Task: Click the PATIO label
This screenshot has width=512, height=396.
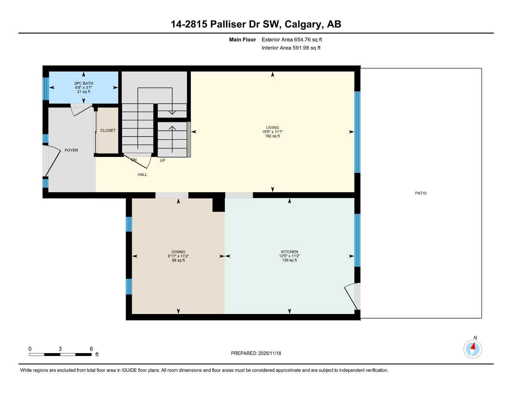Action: click(x=421, y=193)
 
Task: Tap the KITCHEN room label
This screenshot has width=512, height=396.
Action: click(x=289, y=252)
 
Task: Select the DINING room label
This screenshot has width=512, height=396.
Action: click(x=178, y=252)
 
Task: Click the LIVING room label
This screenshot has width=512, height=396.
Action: click(x=272, y=128)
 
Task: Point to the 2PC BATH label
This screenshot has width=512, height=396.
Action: click(x=83, y=83)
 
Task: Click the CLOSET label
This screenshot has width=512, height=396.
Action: click(x=108, y=130)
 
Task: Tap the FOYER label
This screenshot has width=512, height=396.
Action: click(x=71, y=150)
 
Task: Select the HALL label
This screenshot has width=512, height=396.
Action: click(x=142, y=174)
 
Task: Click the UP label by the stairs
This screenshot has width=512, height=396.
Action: click(x=162, y=160)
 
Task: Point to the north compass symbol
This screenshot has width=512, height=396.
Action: click(x=473, y=349)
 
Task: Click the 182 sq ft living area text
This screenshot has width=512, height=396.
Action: click(x=272, y=136)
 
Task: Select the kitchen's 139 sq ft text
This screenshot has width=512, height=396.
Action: click(x=289, y=260)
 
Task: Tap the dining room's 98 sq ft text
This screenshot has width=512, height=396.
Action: click(x=178, y=260)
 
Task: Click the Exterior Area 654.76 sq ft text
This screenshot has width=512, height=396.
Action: click(x=292, y=39)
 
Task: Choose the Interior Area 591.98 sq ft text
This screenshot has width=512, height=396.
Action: click(x=291, y=48)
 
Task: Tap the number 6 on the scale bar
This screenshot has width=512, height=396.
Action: click(x=91, y=349)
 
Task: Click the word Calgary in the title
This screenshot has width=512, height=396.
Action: click(x=304, y=24)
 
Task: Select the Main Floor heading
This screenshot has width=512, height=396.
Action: click(x=242, y=39)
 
